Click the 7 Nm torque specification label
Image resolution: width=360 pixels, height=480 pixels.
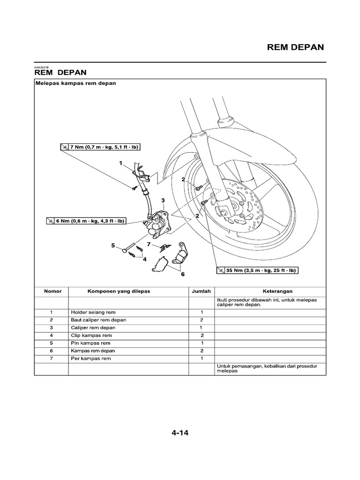[x=100, y=147]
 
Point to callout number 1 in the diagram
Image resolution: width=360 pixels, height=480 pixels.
[x=120, y=164]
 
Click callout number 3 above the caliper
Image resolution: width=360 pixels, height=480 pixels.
[x=163, y=200]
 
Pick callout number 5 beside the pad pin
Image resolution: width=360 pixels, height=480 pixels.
[x=113, y=245]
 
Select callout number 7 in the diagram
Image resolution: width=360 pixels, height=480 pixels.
[x=149, y=244]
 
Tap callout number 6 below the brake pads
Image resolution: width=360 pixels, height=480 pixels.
[x=183, y=275]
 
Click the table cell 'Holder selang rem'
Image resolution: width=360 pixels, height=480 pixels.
[x=93, y=312]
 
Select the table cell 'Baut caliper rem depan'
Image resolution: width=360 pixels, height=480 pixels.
[x=98, y=320]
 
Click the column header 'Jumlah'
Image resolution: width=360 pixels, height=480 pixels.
[x=202, y=291]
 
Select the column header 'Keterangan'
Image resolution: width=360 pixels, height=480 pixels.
[x=271, y=291]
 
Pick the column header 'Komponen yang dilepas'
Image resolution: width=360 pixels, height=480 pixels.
[x=119, y=291]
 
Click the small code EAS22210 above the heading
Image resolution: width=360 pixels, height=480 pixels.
[x=42, y=67]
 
